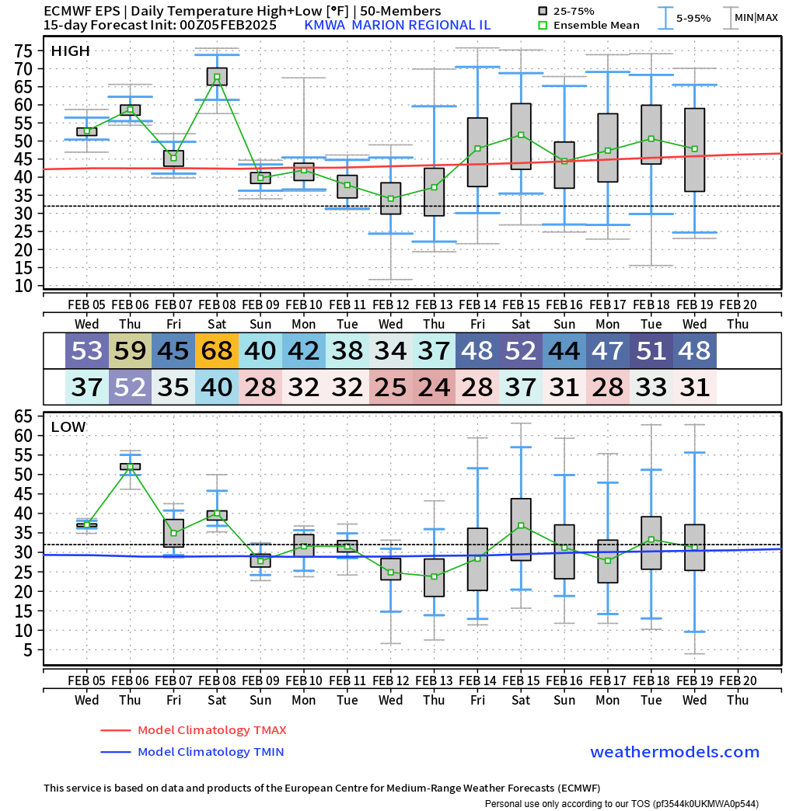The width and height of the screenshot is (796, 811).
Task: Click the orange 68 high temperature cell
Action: (216, 351)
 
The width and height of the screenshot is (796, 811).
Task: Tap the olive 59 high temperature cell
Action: (130, 351)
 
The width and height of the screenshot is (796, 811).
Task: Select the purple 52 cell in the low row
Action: (130, 387)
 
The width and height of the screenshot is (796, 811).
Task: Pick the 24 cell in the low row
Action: (434, 387)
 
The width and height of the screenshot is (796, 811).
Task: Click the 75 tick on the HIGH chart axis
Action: (23, 51)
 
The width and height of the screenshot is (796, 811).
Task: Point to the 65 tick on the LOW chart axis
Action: (23, 416)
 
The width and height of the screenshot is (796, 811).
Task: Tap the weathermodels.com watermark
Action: (675, 752)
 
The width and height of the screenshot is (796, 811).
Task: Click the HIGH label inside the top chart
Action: (70, 51)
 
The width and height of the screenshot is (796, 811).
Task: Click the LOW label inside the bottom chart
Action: (68, 426)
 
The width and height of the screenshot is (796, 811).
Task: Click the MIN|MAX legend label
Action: (756, 17)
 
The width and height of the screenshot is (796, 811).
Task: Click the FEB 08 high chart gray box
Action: (217, 77)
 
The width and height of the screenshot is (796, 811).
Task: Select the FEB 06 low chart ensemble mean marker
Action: (130, 467)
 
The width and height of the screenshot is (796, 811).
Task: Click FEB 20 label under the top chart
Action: (738, 305)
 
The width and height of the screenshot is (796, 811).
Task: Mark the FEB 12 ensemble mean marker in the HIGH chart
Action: (390, 198)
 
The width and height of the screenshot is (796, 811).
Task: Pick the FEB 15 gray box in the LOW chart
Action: (521, 529)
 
